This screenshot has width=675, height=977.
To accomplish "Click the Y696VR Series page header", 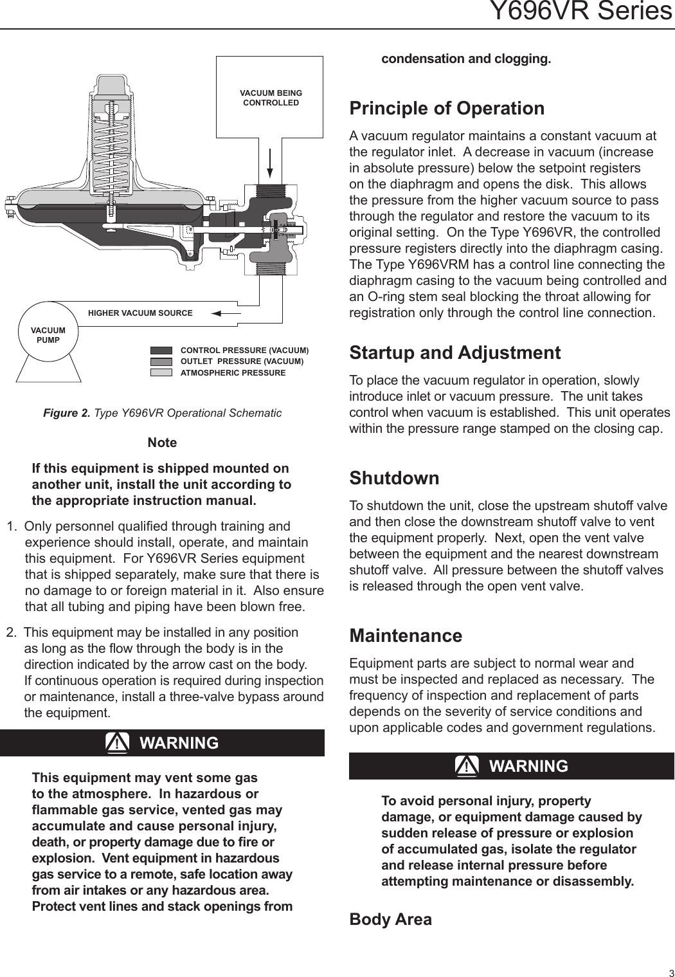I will (x=580, y=12).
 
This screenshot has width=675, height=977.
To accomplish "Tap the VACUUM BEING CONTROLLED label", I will (x=271, y=98).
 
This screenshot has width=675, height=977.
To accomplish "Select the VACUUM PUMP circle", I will (x=48, y=334).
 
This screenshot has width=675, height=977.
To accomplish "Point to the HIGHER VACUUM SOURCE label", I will (x=140, y=313).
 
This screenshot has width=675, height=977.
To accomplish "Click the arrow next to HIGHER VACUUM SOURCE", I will (x=224, y=313).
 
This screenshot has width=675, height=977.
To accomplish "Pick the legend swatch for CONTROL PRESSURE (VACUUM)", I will (x=161, y=351).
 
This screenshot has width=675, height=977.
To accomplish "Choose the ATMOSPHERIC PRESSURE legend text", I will (x=233, y=373).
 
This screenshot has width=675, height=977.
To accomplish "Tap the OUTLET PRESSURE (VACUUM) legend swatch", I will (x=161, y=361).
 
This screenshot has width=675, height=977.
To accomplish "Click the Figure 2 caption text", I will (x=162, y=413).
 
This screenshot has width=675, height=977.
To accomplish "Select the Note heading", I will (x=162, y=443).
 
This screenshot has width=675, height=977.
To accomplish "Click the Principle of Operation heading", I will (x=446, y=108).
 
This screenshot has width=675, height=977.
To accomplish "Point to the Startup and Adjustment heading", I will (x=455, y=352).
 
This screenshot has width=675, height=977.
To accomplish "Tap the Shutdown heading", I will (x=394, y=478).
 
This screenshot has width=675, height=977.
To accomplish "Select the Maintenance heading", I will (x=405, y=635).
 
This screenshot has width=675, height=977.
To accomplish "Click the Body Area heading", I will (x=390, y=919).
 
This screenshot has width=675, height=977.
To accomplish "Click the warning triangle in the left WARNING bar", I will (x=117, y=743).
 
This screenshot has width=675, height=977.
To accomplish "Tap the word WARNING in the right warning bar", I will (x=528, y=766).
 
